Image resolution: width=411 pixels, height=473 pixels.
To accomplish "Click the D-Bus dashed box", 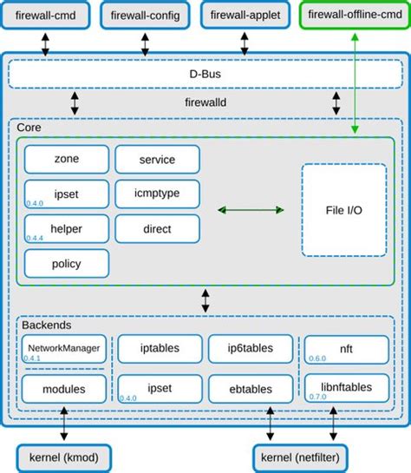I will (x=205, y=76).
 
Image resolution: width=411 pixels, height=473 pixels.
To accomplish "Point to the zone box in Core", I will (x=67, y=160).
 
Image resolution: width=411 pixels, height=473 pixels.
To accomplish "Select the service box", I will (x=157, y=160).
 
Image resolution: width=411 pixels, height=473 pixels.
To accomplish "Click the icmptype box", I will (x=157, y=194).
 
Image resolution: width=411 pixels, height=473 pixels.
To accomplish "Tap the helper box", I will (x=67, y=228).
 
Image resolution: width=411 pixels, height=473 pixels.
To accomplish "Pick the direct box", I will (x=157, y=228).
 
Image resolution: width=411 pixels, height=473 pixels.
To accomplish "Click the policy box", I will (x=67, y=263).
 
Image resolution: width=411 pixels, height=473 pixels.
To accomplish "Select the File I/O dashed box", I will (x=344, y=210).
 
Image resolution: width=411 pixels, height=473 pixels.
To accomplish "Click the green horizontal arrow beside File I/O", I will (x=251, y=210).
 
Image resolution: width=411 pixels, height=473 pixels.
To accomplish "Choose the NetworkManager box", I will (x=63, y=349).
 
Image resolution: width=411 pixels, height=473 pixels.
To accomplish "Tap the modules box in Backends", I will (x=63, y=388).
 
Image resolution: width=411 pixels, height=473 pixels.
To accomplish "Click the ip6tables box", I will (x=251, y=349).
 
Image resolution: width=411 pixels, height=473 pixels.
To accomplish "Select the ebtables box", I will (x=251, y=388).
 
